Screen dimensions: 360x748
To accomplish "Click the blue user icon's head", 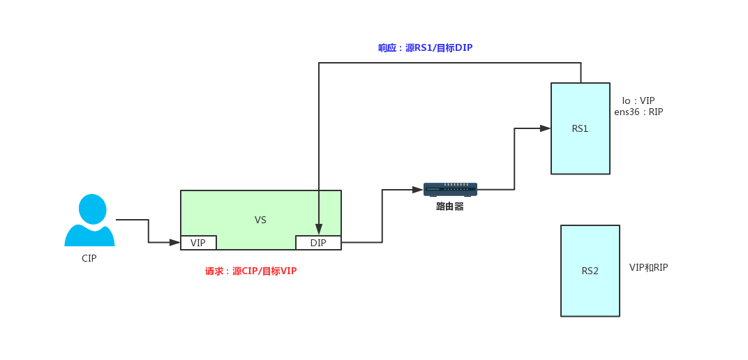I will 92,209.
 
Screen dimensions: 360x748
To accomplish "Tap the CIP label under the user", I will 89,258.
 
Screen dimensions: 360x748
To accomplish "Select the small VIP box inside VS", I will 198,243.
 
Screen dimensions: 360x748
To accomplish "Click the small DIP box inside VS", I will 318,243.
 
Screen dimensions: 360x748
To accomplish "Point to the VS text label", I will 260,220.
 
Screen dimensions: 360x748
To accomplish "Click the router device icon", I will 450,189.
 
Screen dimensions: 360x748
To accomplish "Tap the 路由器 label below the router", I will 450,207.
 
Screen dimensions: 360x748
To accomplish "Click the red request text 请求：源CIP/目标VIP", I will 250,271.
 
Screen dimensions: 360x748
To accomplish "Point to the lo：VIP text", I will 638,100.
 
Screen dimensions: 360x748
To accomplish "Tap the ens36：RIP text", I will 638,112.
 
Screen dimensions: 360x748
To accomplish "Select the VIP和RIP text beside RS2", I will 648,267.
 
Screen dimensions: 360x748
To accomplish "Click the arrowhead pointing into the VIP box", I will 175,242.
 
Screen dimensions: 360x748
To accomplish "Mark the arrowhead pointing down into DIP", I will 319,230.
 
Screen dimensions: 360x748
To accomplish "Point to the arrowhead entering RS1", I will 545,128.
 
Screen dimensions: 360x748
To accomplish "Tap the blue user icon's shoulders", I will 89,237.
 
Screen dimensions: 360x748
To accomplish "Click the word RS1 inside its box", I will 580,128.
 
